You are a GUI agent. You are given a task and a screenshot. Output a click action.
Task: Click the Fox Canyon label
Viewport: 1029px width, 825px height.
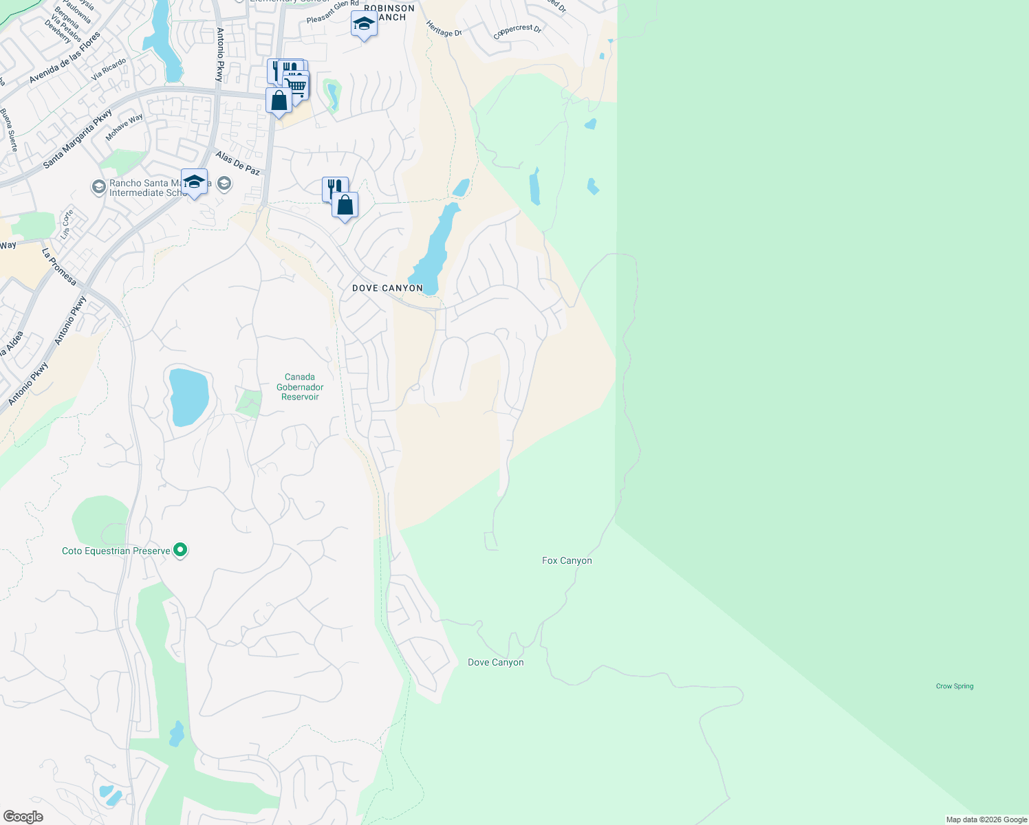click(567, 561)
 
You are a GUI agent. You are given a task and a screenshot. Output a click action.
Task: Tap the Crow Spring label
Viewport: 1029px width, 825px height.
click(954, 686)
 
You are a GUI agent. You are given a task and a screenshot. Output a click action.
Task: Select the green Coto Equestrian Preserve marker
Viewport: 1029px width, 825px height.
click(180, 550)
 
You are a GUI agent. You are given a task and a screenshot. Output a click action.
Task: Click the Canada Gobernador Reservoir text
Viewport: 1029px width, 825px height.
click(300, 387)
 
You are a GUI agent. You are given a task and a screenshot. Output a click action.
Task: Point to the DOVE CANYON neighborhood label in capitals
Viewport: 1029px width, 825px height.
click(387, 288)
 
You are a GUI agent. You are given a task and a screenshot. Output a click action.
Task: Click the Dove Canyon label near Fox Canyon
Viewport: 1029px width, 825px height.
click(495, 663)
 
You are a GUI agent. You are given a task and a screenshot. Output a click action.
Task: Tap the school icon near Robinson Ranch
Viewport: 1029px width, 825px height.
click(364, 24)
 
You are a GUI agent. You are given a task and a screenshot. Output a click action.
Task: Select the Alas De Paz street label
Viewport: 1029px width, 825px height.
click(237, 164)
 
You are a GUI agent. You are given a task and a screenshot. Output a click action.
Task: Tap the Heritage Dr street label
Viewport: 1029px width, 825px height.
click(444, 29)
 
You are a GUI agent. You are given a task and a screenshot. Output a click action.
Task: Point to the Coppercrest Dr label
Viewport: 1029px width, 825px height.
click(517, 32)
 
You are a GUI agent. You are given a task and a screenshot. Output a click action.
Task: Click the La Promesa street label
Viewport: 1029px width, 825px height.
click(59, 267)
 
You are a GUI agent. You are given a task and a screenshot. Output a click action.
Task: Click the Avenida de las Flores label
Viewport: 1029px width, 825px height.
click(65, 58)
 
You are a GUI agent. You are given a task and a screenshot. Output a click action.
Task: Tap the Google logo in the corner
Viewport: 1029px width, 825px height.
click(23, 817)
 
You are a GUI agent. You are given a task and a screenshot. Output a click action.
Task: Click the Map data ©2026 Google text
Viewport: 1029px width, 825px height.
click(986, 819)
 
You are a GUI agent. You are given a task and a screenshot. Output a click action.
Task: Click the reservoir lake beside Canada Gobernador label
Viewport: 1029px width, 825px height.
click(188, 397)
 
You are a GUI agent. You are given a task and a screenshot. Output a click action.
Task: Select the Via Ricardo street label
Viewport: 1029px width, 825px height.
click(109, 69)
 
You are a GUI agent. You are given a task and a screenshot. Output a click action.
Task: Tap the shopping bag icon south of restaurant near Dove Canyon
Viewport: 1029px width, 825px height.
click(345, 205)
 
